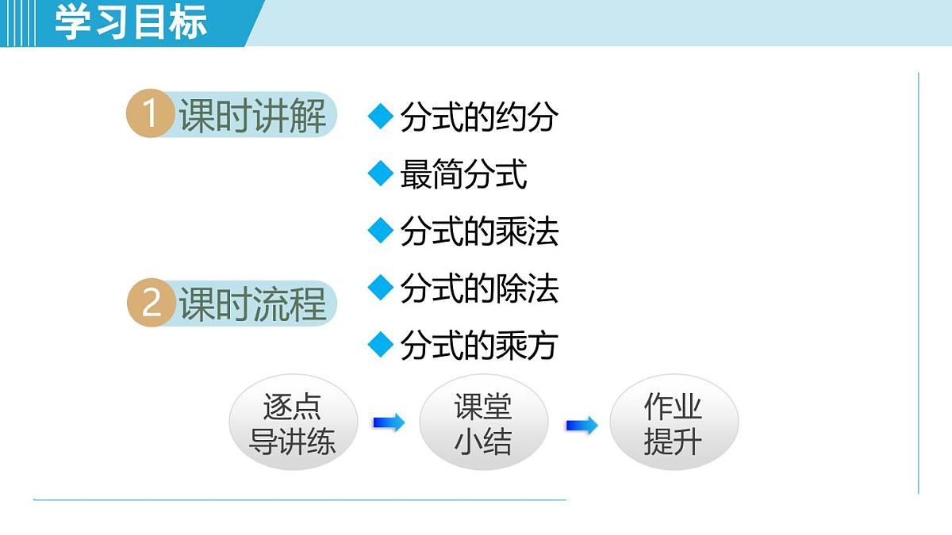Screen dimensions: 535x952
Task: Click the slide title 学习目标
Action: click(x=132, y=22)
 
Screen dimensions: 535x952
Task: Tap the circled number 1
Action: click(x=150, y=115)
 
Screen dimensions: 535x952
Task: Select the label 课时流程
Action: click(x=252, y=304)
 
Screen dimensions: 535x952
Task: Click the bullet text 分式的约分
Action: click(x=479, y=118)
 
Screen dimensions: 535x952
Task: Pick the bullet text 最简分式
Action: click(x=463, y=174)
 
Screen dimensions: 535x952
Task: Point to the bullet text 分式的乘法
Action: click(x=479, y=231)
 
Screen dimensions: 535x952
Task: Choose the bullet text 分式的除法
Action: click(x=479, y=289)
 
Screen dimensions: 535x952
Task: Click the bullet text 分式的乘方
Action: click(x=479, y=346)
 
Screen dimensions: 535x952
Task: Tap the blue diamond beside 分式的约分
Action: click(x=381, y=117)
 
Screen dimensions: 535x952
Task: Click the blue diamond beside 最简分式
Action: click(x=381, y=174)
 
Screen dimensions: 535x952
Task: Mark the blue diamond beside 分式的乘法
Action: click(x=381, y=231)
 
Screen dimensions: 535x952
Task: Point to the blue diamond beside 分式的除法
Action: click(x=381, y=288)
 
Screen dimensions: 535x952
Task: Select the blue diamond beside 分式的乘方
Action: click(x=381, y=345)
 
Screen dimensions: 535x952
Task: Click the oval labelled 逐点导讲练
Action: click(x=293, y=423)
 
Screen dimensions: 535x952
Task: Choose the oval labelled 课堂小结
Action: click(x=483, y=423)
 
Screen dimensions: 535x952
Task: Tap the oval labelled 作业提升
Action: click(x=674, y=423)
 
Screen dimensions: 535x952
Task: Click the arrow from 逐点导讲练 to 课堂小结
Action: click(x=388, y=423)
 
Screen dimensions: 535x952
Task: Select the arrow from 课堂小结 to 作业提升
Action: click(x=582, y=426)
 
